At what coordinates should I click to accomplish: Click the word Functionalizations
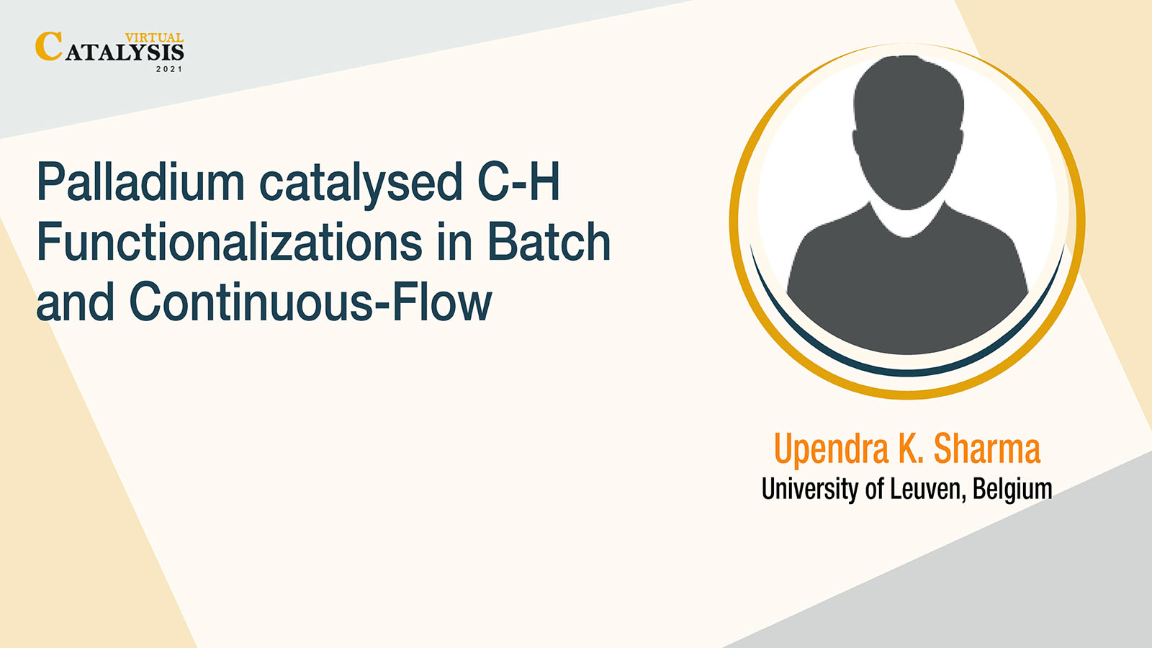tap(230, 241)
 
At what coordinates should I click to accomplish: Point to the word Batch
tap(549, 241)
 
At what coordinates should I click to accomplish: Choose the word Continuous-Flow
tap(311, 301)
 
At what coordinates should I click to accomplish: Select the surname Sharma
tap(987, 449)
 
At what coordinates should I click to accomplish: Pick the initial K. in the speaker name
tap(912, 449)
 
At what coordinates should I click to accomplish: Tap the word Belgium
tap(1012, 489)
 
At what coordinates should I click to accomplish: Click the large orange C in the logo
tap(49, 46)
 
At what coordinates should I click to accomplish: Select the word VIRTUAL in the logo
tap(154, 37)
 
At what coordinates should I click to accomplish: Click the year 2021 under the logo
tap(169, 69)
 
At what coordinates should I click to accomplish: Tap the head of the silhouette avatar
tap(908, 131)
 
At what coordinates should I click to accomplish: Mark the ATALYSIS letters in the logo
tap(125, 53)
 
